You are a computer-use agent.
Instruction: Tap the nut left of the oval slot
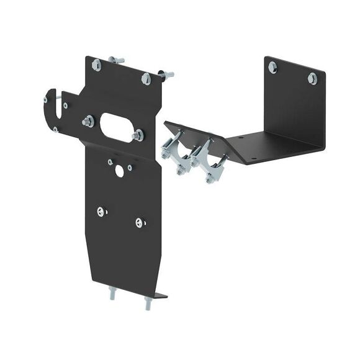click(88, 121)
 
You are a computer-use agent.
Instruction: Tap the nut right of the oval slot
click(138, 134)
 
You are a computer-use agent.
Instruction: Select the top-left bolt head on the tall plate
click(96, 65)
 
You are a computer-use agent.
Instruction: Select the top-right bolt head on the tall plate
click(146, 78)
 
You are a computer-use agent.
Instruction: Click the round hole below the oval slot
click(119, 171)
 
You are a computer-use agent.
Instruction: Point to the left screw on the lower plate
click(101, 211)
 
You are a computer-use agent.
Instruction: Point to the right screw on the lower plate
click(140, 222)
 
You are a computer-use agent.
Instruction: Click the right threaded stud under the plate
click(148, 304)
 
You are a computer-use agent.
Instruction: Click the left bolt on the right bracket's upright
click(272, 67)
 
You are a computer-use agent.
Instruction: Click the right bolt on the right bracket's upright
click(312, 78)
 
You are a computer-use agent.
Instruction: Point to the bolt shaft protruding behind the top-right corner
click(166, 74)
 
